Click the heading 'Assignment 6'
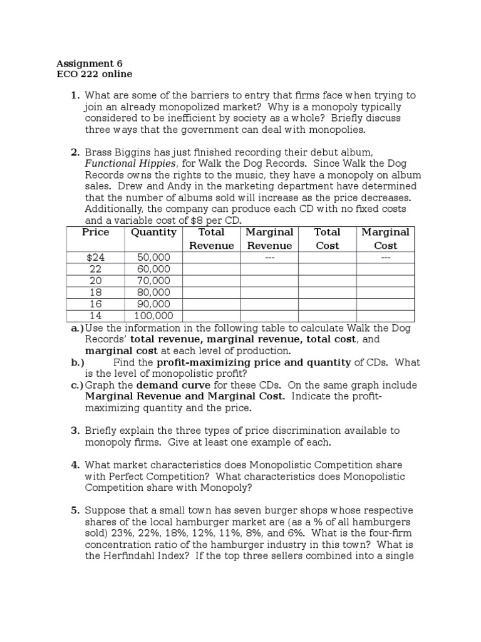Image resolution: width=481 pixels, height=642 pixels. pos(90,63)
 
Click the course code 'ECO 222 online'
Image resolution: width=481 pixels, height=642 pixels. pos(94,74)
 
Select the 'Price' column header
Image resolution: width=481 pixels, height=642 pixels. pos(95,232)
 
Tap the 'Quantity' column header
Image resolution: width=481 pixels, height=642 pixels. pos(153,232)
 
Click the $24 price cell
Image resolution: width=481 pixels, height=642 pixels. pos(95,258)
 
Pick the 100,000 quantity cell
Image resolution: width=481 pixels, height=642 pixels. pos(153,316)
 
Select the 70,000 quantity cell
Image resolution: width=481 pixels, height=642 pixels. pos(153,281)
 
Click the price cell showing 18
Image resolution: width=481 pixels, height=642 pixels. pos(95,292)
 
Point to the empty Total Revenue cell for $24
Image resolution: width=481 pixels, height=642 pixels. pos(211,258)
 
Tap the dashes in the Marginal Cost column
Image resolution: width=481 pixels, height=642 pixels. pos(385,258)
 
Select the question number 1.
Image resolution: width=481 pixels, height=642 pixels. pos(75,95)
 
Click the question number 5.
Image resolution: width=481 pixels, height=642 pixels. pos(75,510)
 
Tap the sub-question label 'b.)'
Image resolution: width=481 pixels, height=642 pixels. pos(78,362)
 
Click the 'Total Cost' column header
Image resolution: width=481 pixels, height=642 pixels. pos(327,238)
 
